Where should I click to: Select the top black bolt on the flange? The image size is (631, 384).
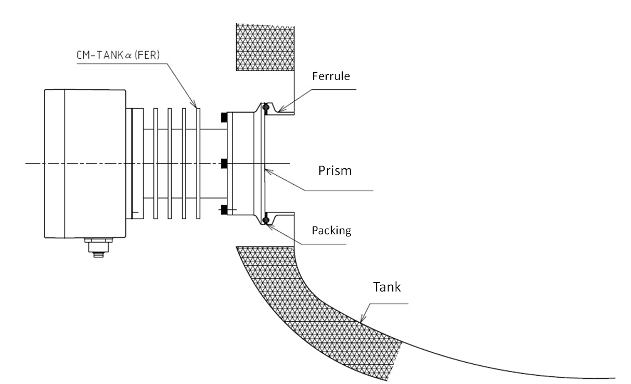tap(224, 118)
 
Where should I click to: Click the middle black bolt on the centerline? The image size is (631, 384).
tap(224, 164)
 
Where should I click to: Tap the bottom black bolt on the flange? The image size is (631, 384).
tap(224, 210)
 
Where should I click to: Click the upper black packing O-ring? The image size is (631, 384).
tap(265, 108)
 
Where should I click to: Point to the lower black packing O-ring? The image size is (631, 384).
tap(265, 220)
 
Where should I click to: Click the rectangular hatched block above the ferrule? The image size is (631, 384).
tap(265, 47)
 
